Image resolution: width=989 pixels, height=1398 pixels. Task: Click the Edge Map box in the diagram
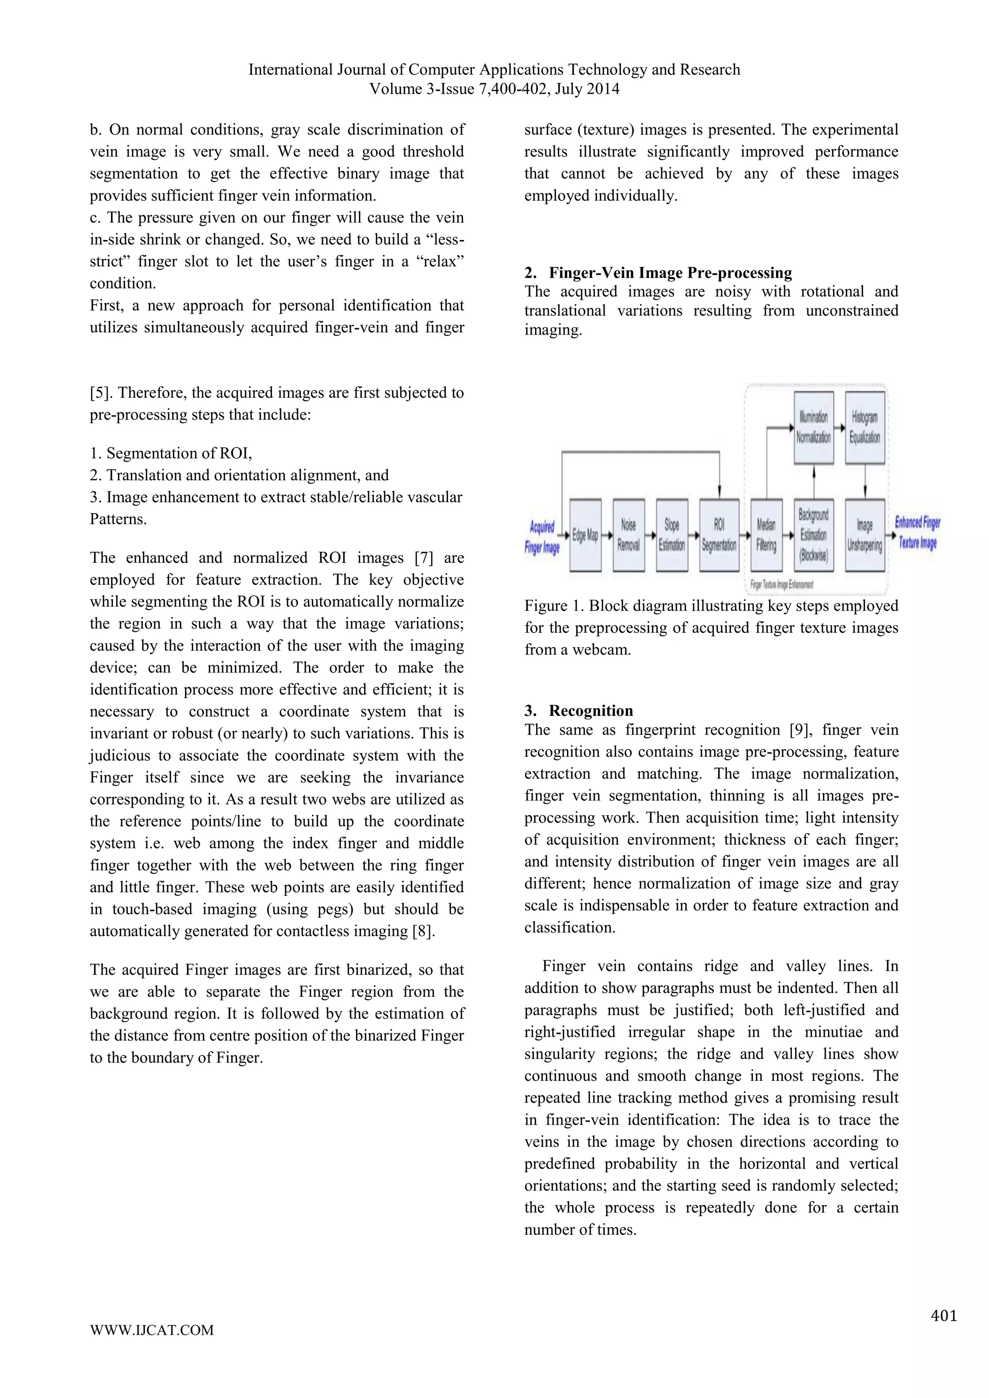(585, 535)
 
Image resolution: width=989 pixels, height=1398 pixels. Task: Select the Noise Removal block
(628, 535)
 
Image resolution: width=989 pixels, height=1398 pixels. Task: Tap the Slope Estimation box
(672, 535)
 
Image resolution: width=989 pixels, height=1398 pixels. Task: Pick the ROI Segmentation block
(719, 535)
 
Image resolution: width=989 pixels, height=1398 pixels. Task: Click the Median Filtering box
(766, 535)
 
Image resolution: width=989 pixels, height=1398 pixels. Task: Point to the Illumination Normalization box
(814, 427)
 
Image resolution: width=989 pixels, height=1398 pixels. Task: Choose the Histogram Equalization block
(865, 427)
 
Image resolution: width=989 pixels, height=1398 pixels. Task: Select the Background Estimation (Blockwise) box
(814, 535)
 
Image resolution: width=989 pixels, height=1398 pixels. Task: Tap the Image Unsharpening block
(865, 535)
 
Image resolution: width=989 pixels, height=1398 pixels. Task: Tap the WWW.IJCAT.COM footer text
(152, 1347)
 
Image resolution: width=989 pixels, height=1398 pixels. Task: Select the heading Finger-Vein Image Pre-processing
(670, 273)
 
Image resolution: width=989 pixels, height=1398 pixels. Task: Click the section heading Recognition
(591, 711)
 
